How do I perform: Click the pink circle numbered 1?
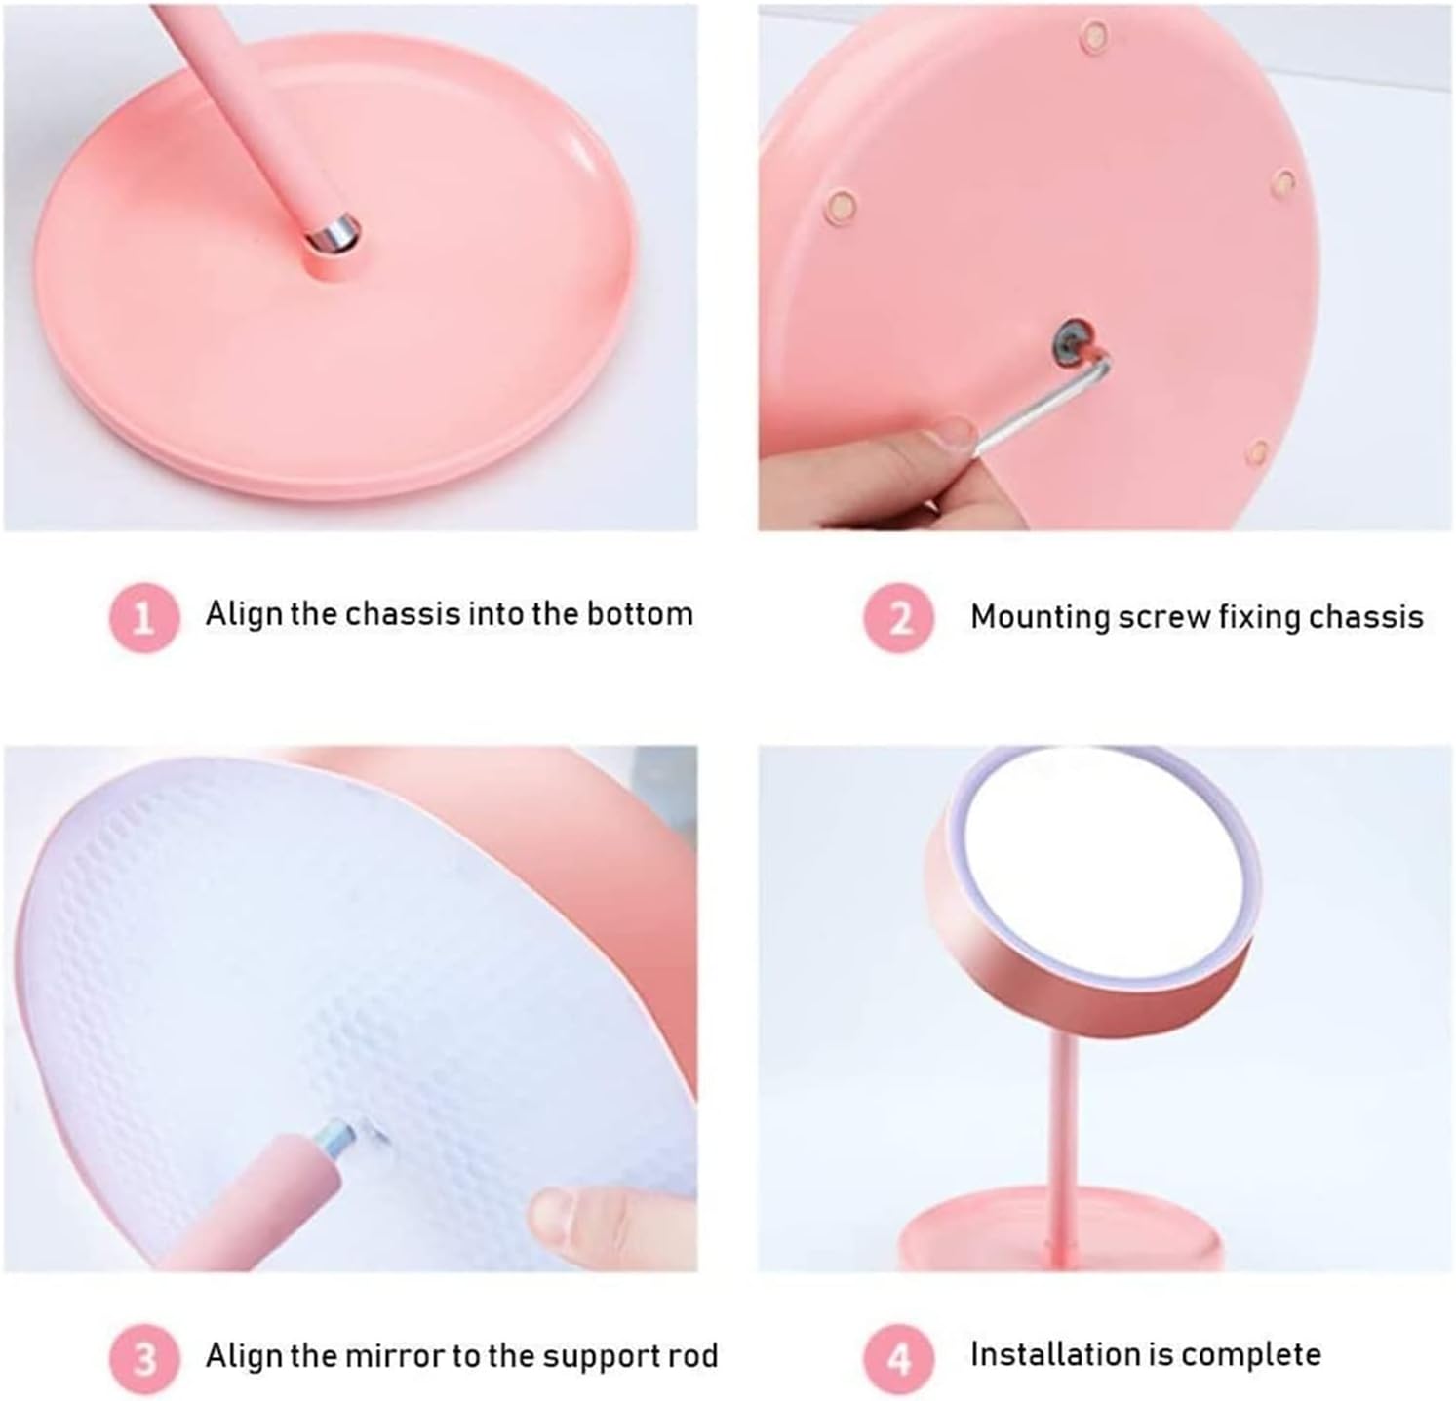144,617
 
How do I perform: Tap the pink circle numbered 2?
900,617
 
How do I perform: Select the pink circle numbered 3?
144,1357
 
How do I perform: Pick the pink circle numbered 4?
900,1357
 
